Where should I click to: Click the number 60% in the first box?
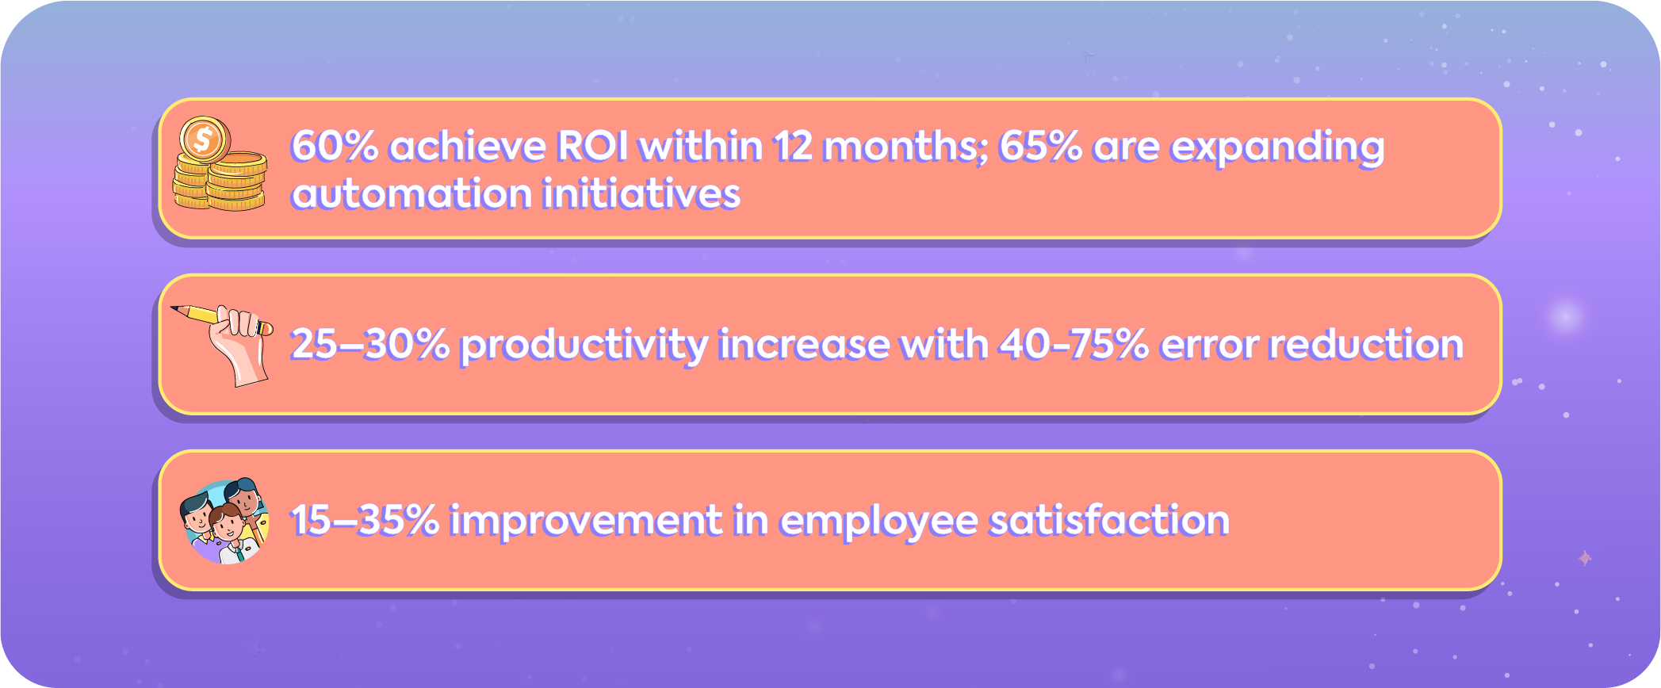334,147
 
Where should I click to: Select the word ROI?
593,147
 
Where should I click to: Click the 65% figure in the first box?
1040,147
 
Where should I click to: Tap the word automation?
411,194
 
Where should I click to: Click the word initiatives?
641,194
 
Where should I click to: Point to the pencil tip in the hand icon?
176,309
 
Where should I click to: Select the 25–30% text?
369,345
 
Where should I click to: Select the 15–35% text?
364,521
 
